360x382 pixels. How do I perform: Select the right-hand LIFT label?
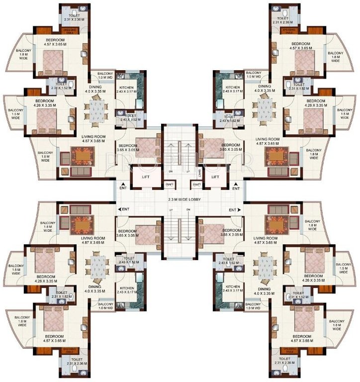(x=215, y=177)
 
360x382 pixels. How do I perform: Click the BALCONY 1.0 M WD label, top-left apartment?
(x=105, y=75)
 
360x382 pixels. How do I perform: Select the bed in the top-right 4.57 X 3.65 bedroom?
(x=304, y=62)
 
